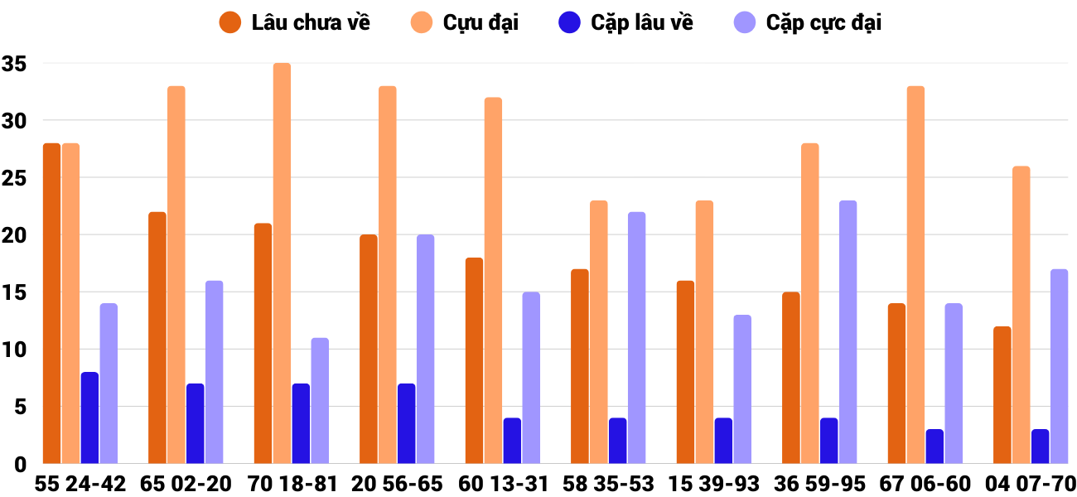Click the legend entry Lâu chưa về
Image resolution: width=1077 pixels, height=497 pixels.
click(x=294, y=22)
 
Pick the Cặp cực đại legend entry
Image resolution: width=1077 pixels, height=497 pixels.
click(x=809, y=22)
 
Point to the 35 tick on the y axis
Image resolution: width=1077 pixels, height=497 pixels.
click(x=14, y=64)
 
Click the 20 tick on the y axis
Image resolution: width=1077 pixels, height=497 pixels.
click(x=14, y=235)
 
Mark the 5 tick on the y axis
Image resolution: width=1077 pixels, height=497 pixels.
click(x=20, y=407)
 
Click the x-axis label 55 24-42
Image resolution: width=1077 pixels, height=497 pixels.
click(x=80, y=484)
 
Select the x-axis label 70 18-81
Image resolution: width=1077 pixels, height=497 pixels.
click(x=292, y=484)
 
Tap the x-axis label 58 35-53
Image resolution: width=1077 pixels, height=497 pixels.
click(x=608, y=484)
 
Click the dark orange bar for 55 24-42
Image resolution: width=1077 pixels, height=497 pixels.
click(x=51, y=303)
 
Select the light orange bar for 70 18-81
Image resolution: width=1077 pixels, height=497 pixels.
click(x=282, y=263)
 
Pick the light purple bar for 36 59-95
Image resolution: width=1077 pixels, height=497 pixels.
click(x=848, y=331)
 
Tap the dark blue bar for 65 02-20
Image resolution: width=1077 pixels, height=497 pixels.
click(x=195, y=423)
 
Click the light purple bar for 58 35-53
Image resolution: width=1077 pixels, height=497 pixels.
click(x=636, y=337)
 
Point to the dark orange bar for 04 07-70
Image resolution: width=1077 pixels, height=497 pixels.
click(x=1002, y=395)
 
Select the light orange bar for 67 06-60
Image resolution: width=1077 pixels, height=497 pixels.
click(x=915, y=275)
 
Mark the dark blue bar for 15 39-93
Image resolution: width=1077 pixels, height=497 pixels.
click(x=723, y=441)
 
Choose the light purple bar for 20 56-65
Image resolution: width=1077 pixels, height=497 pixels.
click(x=425, y=349)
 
